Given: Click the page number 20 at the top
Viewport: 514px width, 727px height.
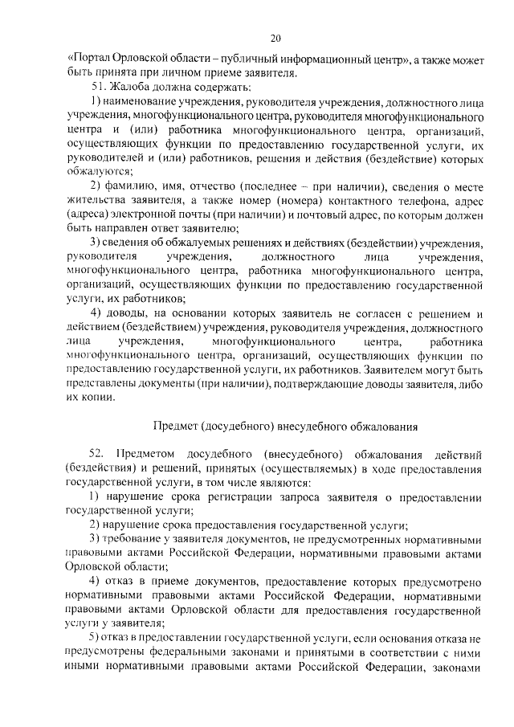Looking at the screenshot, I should (275, 38).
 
